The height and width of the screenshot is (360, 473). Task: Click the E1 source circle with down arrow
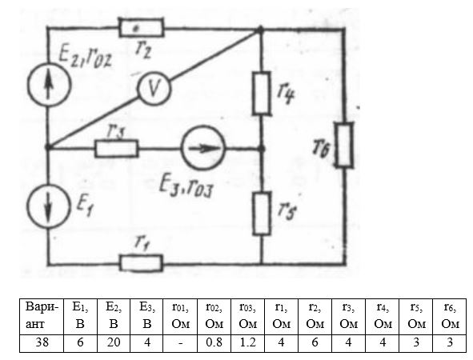click(49, 206)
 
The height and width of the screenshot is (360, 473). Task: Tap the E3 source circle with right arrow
click(203, 148)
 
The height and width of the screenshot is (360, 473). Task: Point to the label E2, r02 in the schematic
click(85, 58)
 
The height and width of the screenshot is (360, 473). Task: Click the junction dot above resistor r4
click(259, 30)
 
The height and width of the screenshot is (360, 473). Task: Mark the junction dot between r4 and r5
click(262, 148)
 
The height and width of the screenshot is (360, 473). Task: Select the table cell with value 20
click(114, 343)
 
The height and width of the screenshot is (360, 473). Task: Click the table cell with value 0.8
click(214, 343)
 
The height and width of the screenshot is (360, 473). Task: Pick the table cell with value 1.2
click(247, 343)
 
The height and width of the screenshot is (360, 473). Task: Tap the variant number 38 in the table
click(42, 343)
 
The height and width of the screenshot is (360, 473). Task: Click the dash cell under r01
click(180, 343)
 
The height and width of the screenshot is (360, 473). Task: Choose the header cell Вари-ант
click(42, 317)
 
